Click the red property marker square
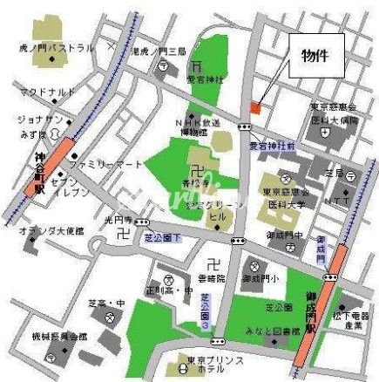click(x=255, y=106)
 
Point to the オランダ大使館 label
click(x=51, y=231)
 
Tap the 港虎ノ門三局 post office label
click(x=159, y=52)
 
